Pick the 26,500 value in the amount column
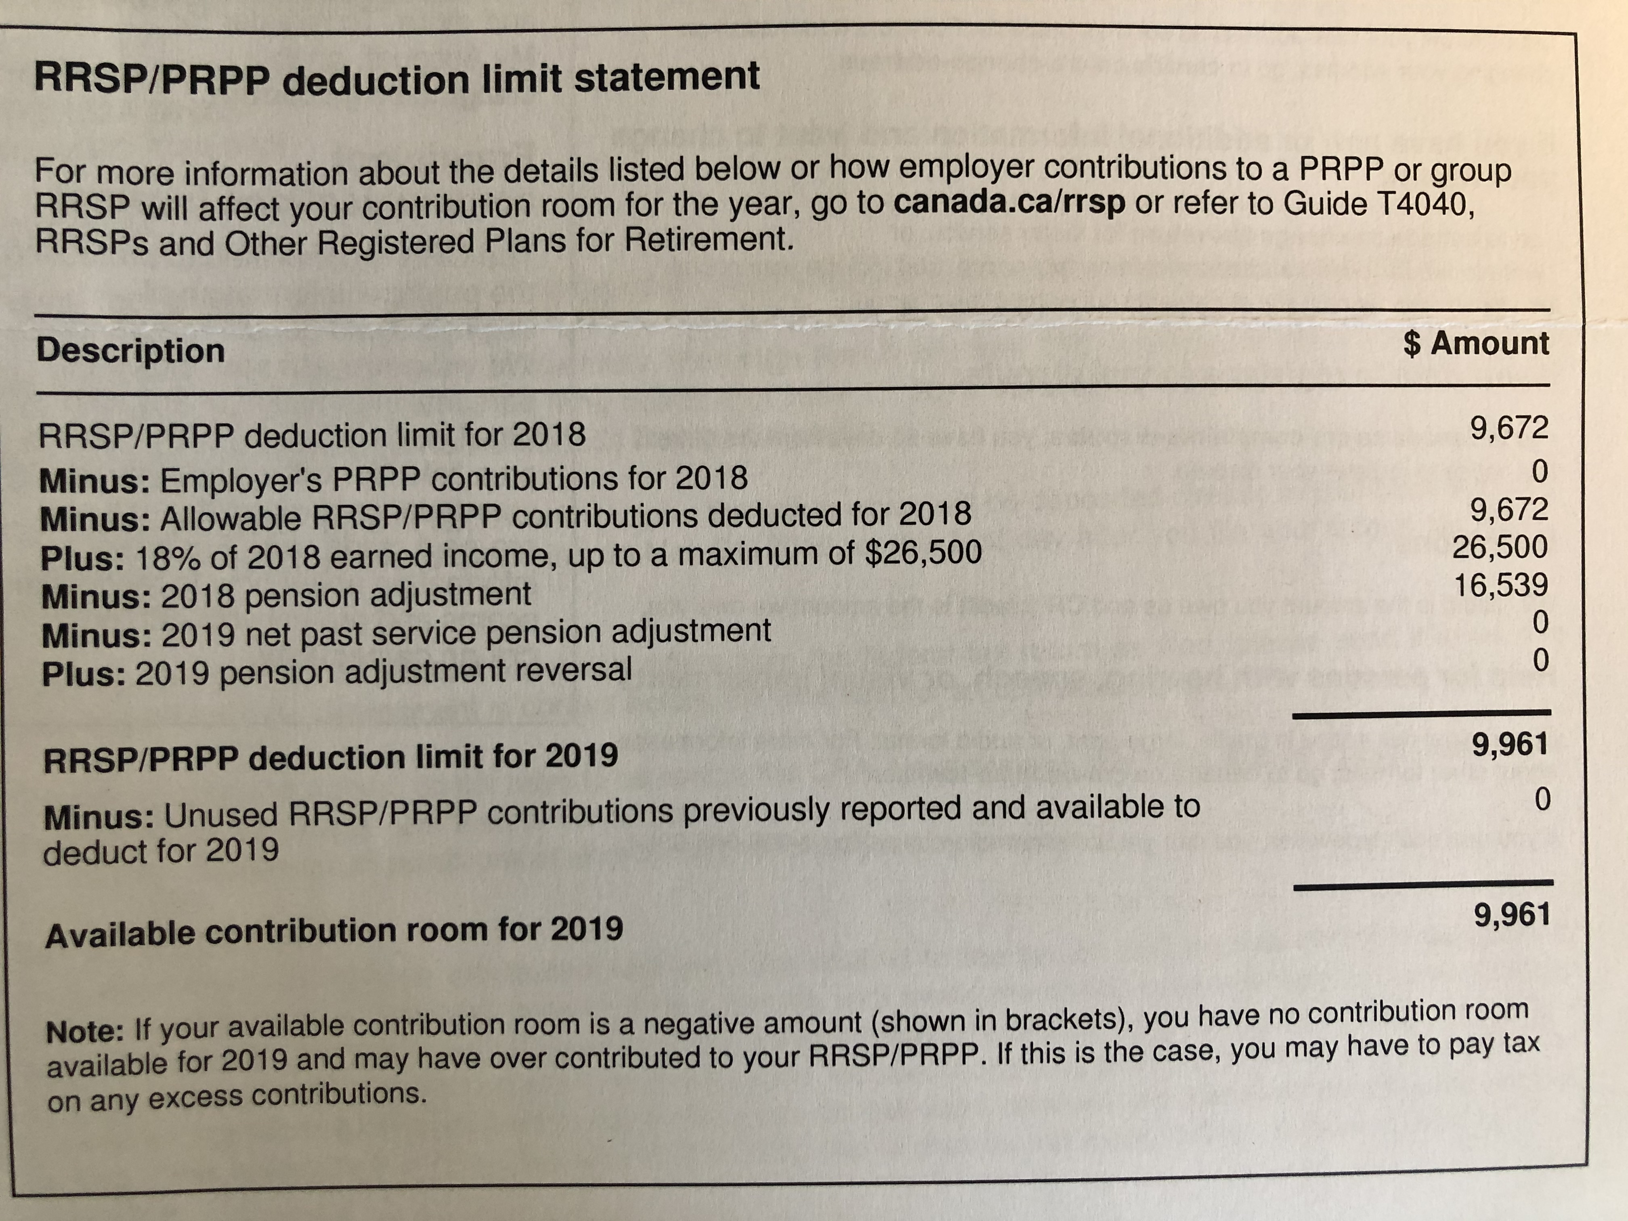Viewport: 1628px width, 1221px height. tap(1499, 547)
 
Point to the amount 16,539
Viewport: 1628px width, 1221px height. tap(1501, 585)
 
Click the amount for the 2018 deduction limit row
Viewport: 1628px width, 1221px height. tap(1509, 428)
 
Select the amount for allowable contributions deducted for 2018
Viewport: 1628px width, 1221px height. tap(1509, 509)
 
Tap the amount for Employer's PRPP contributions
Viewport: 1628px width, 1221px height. tap(1540, 471)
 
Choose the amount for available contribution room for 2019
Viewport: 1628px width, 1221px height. tap(1512, 915)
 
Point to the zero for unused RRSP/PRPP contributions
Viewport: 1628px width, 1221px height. tap(1543, 799)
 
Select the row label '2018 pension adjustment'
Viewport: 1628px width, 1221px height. tap(346, 595)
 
